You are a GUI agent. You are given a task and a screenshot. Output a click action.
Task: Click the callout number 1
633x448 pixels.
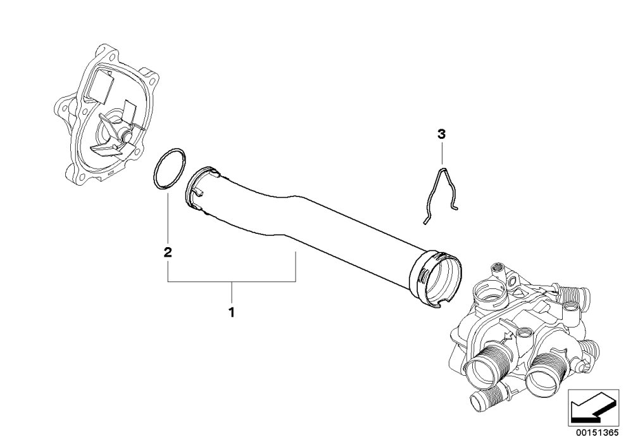click(x=231, y=312)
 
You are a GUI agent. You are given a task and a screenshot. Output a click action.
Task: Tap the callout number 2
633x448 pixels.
click(x=168, y=252)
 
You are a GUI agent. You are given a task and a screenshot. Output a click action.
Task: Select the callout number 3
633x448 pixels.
click(x=441, y=134)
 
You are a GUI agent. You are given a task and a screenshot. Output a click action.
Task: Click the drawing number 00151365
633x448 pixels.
click(x=597, y=433)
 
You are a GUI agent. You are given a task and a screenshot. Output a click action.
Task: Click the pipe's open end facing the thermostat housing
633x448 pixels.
click(x=436, y=279)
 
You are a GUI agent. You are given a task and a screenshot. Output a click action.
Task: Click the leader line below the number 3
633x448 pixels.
click(x=442, y=153)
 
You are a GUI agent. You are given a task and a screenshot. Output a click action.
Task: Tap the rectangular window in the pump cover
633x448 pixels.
click(x=100, y=86)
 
